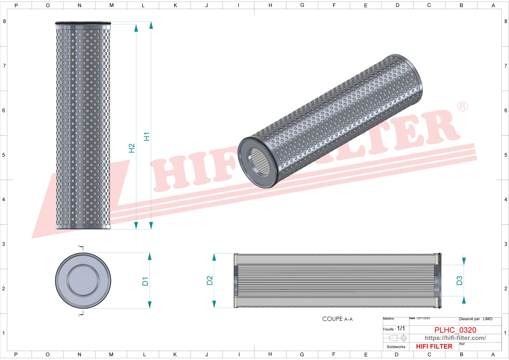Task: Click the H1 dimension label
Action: tap(147, 137)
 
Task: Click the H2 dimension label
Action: tap(132, 148)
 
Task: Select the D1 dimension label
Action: tap(145, 281)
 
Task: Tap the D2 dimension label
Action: tap(209, 280)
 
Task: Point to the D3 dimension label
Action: tap(459, 280)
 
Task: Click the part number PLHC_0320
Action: tap(455, 330)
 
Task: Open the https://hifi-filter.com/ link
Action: tap(455, 338)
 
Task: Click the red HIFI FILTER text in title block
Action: tap(434, 347)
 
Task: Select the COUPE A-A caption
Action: tap(337, 319)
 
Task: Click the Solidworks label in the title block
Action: tap(396, 347)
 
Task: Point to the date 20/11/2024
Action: tap(423, 318)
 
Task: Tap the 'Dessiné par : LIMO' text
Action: tap(476, 319)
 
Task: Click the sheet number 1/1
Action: tap(401, 328)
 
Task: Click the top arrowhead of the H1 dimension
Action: tap(151, 25)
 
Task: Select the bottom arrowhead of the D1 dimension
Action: tap(149, 305)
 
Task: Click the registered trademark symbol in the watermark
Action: tap(462, 107)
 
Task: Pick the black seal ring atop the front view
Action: tap(83, 24)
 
